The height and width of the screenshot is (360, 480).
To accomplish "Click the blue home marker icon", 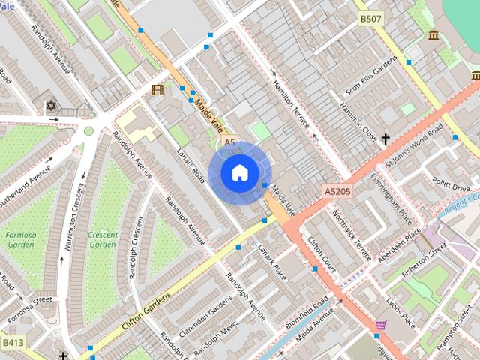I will (x=238, y=172).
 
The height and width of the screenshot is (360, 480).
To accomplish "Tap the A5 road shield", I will (x=229, y=142).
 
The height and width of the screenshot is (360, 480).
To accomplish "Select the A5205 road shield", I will (x=338, y=192).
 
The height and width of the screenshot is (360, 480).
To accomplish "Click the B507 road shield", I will (x=369, y=18).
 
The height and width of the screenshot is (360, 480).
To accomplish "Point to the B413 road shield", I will (x=11, y=343).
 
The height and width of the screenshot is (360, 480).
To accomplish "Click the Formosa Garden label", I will (x=20, y=239).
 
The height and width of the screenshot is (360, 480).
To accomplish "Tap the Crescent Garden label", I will (x=103, y=239).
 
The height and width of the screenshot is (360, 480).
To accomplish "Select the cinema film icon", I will (x=157, y=90).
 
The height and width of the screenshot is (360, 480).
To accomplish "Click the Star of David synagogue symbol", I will (x=51, y=106).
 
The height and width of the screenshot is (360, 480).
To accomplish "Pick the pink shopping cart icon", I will (x=381, y=325).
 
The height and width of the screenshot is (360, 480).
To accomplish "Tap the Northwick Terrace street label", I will (x=352, y=236).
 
